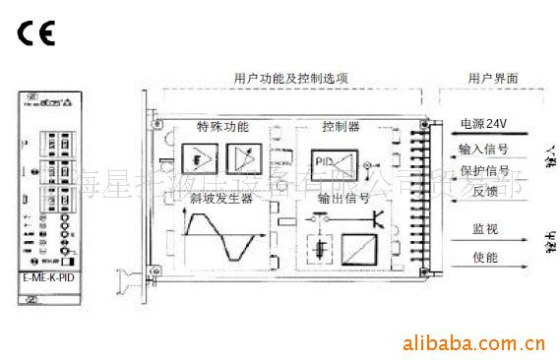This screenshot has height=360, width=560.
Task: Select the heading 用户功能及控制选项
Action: tap(290, 78)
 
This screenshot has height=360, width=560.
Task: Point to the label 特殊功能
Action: tap(222, 128)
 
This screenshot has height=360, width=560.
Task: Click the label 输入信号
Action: tap(482, 150)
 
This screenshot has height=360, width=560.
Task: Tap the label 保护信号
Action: tap(482, 170)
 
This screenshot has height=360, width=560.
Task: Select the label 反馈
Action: tap(470, 192)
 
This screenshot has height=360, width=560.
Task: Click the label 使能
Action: tap(470, 259)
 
